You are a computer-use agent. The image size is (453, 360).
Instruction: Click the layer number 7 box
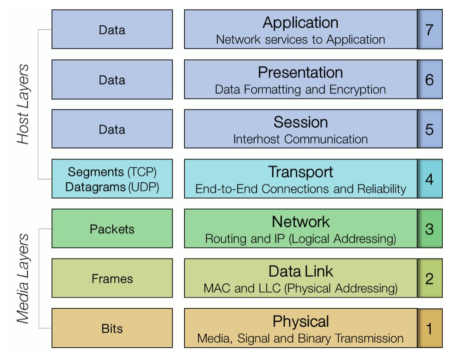click(x=430, y=29)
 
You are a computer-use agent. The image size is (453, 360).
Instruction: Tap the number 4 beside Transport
click(x=429, y=179)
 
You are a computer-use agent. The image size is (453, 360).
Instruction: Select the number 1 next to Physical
click(x=429, y=329)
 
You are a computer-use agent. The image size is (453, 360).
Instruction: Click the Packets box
click(x=112, y=228)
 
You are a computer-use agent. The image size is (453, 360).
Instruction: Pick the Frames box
click(x=112, y=278)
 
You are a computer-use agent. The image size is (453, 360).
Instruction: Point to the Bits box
click(x=112, y=328)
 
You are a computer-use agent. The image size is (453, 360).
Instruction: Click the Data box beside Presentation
click(x=112, y=79)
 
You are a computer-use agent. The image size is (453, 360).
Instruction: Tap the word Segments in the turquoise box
click(x=96, y=172)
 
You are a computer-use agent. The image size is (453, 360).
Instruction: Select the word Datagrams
click(x=95, y=187)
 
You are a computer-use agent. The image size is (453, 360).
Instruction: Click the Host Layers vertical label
click(x=23, y=104)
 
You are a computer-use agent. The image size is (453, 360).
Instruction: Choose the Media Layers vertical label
click(x=23, y=278)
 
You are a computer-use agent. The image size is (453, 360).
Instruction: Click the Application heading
click(x=300, y=23)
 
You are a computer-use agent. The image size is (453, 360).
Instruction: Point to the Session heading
click(x=301, y=122)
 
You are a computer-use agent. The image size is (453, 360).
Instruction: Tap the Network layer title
click(x=301, y=222)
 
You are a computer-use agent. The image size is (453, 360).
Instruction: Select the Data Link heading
click(x=301, y=271)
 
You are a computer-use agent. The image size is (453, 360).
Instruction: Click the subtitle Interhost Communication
click(x=300, y=139)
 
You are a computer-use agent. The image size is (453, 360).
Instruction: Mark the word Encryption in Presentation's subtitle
click(x=358, y=90)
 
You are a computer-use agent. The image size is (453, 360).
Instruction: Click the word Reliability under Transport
click(x=382, y=189)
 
